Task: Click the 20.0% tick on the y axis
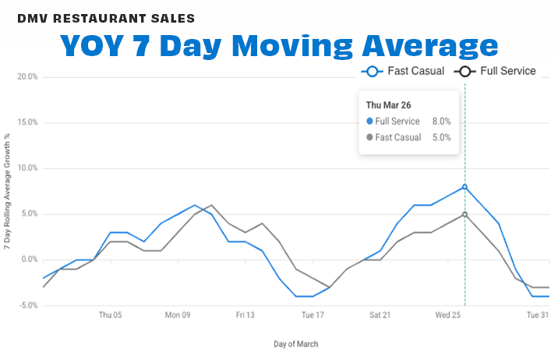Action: coord(26,77)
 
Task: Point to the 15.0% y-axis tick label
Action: coord(26,122)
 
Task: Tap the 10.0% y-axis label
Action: coord(26,168)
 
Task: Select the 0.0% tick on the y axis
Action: coord(29,259)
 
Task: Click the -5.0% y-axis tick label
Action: coord(27,305)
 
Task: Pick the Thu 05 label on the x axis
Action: coord(110,316)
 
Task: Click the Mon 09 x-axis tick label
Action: coord(178,316)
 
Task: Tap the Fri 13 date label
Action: coord(245,316)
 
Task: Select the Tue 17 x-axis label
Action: coord(313,316)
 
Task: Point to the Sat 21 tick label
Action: coord(380,316)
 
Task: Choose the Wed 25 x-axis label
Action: coord(447,316)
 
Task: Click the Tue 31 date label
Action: coord(537,316)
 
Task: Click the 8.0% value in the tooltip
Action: coord(443,122)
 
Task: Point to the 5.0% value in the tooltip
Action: coord(443,137)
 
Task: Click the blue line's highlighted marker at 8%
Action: coord(465,187)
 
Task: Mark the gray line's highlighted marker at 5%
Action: coord(465,214)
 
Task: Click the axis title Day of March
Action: coord(295,344)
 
